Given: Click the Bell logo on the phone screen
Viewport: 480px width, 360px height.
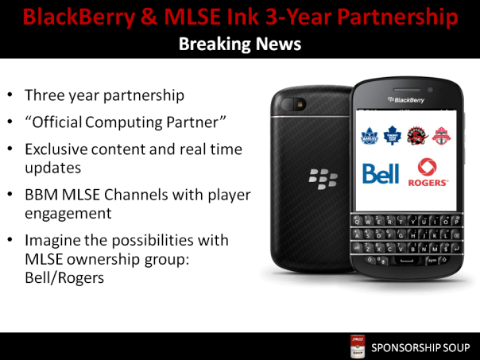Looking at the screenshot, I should click(x=381, y=173).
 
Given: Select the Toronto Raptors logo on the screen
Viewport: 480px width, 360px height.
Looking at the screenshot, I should click(x=418, y=136).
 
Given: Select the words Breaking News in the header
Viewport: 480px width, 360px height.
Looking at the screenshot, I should click(x=240, y=45).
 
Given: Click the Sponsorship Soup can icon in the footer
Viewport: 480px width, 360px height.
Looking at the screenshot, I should click(x=358, y=347).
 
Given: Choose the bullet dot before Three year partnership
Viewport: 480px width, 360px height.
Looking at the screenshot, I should click(x=9, y=95).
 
